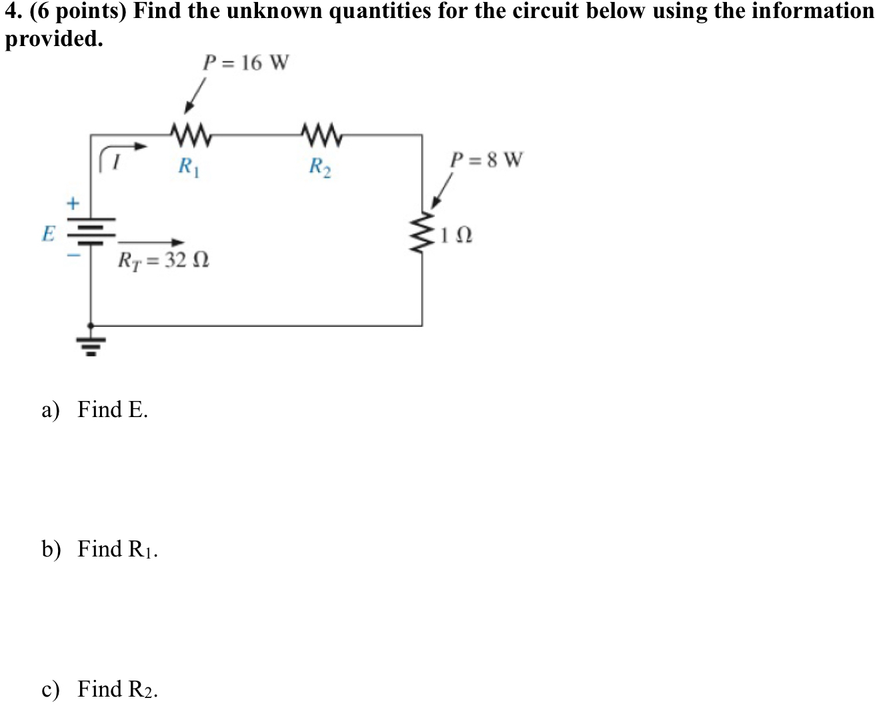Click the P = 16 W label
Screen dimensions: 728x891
click(x=246, y=63)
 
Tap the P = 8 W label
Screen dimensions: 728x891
click(x=487, y=160)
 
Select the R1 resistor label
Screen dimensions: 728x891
click(x=189, y=165)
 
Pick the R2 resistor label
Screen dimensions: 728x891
click(x=320, y=165)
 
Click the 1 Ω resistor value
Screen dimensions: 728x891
click(x=458, y=236)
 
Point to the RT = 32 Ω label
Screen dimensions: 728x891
click(x=163, y=260)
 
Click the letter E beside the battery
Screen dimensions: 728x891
click(x=48, y=234)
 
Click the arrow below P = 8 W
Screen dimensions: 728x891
click(x=441, y=192)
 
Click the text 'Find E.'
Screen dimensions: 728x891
click(x=113, y=409)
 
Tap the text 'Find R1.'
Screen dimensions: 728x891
click(x=117, y=549)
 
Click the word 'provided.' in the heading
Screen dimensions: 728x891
click(x=55, y=39)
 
